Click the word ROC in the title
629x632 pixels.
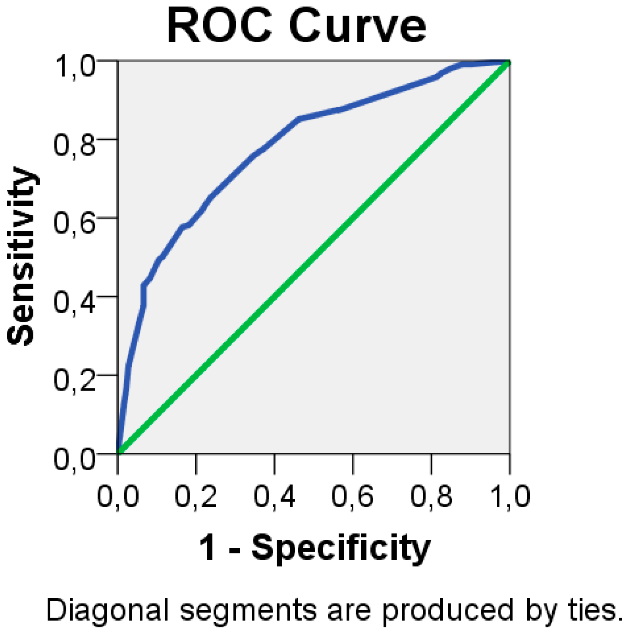click(218, 26)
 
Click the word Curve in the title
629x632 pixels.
click(357, 26)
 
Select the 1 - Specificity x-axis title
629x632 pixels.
click(314, 547)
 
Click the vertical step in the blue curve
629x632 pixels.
click(144, 296)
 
